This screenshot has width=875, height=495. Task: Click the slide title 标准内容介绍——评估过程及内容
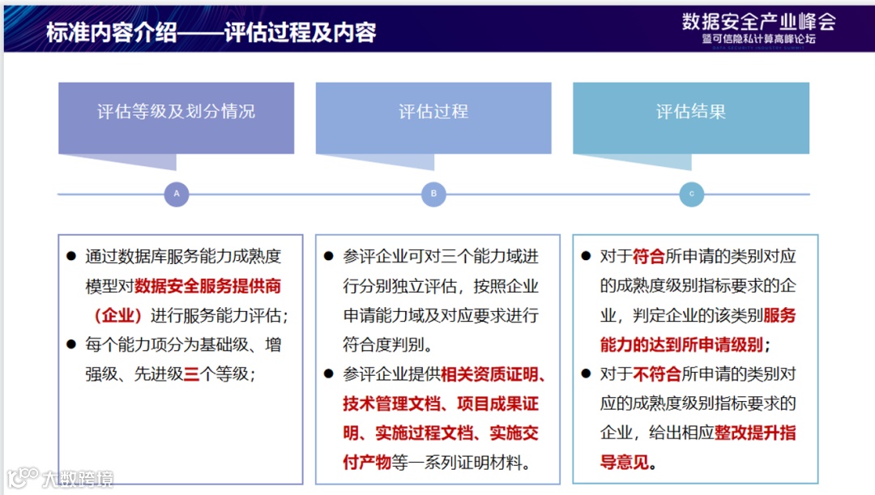coord(211,33)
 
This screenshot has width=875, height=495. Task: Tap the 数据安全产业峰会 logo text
coord(758,21)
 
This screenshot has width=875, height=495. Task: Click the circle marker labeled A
coord(176,194)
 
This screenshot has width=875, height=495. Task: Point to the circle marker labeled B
coord(433,194)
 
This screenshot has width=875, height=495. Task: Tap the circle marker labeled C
coord(691,194)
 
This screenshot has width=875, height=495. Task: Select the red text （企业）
coord(118,315)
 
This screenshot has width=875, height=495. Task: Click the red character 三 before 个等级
coord(191,373)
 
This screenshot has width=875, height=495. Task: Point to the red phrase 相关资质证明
coord(493,374)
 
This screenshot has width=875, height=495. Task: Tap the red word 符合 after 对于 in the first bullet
coord(648,257)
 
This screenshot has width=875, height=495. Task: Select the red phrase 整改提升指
coord(755,433)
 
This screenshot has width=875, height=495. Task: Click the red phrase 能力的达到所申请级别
coord(681,344)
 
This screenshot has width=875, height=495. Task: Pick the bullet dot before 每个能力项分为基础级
coord(71,344)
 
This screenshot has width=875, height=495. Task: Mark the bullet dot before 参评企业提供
coord(328,374)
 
